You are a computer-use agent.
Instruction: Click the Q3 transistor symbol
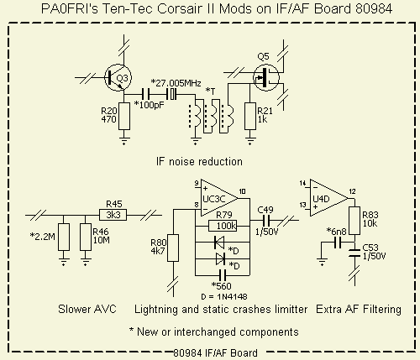point(118,78)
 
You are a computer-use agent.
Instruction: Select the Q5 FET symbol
point(265,77)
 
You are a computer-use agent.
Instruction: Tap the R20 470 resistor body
point(124,116)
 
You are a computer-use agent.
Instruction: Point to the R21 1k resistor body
point(250,116)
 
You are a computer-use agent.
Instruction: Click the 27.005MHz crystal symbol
point(171,94)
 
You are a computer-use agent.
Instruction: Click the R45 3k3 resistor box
point(113,215)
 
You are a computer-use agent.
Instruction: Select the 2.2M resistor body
point(64,237)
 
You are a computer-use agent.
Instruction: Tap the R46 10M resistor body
point(86,237)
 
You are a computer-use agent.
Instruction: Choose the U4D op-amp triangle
point(328,198)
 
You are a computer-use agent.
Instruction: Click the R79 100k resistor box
point(223,226)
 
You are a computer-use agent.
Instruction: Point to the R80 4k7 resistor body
point(173,248)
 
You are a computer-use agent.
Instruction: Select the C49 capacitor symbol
point(266,221)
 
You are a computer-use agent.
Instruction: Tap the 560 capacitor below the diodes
point(223,275)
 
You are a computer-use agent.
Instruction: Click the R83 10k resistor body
point(354,221)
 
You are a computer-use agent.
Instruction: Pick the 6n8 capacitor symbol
point(338,243)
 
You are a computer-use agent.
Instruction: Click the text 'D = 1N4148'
point(224,296)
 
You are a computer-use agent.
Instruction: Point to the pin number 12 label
point(352,191)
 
